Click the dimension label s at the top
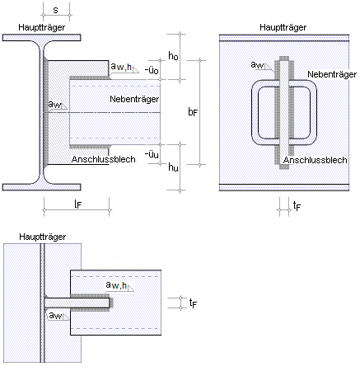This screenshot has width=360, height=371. (55, 10)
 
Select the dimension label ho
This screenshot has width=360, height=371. (173, 56)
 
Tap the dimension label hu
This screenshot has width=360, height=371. (173, 167)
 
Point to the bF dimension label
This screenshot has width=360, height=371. (193, 112)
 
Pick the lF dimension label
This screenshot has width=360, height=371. (78, 204)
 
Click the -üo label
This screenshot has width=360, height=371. (152, 70)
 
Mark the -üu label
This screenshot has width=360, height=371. (152, 154)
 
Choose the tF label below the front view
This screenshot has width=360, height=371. (297, 205)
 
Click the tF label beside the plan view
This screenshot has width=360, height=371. (193, 303)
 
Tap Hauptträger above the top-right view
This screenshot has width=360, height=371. (283, 27)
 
